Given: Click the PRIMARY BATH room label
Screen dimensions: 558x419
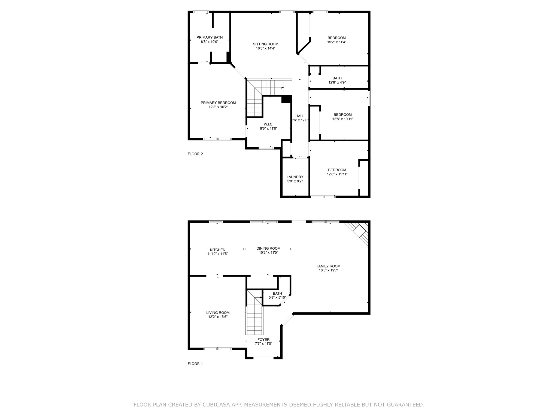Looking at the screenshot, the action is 210,38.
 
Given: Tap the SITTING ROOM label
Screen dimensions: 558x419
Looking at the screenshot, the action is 266,44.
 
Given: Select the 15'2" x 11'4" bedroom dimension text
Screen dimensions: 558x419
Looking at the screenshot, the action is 337,42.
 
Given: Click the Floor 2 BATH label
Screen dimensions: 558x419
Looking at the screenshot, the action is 337,78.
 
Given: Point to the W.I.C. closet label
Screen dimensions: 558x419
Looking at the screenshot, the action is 268,124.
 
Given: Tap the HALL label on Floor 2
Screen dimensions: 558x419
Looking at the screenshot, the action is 300,116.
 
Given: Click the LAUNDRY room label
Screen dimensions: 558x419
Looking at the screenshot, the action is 295,177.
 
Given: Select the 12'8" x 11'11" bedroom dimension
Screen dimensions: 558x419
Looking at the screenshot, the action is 337,174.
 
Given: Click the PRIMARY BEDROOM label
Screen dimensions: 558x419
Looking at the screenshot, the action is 218,103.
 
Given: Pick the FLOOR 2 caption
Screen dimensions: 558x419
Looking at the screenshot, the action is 195,154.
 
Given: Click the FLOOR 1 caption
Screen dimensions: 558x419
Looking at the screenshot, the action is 195,364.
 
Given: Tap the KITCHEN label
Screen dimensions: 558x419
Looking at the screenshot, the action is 218,250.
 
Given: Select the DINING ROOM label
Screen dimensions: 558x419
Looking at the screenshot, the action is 268,249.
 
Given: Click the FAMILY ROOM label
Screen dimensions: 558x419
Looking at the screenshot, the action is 328,266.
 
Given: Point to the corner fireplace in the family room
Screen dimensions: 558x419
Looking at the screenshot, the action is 359,233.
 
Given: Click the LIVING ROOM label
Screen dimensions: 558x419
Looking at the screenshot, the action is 218,313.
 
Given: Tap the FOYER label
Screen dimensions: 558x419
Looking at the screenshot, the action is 263,340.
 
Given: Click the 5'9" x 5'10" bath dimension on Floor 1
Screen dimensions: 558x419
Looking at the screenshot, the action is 277,298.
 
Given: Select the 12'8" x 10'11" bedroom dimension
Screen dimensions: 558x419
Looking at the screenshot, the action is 343,119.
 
